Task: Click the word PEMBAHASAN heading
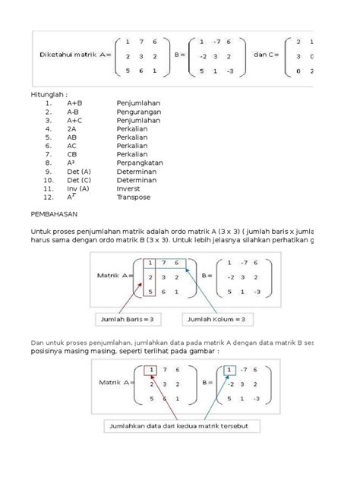[x=55, y=215]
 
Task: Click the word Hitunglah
[x=47, y=90]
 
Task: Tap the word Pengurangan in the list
[x=139, y=110]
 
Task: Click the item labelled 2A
[x=71, y=130]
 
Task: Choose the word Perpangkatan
[x=139, y=163]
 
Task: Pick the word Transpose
[x=133, y=197]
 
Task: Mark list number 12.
[x=47, y=197]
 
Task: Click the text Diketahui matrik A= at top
[x=74, y=55]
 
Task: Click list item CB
[x=72, y=152]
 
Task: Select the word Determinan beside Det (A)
[x=138, y=172]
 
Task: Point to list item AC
[x=72, y=143]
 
